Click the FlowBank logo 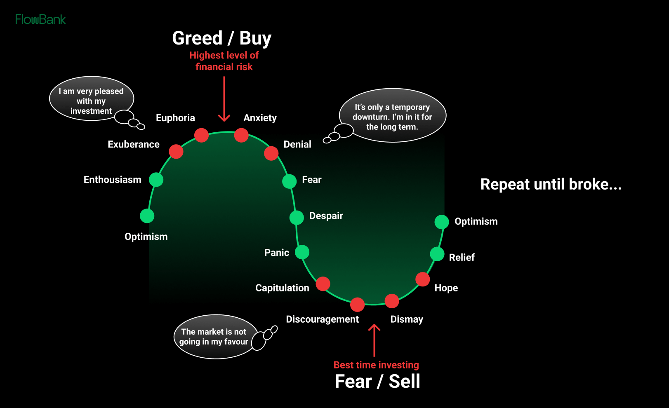click(40, 19)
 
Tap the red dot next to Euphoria click(201, 135)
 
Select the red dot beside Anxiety click(241, 135)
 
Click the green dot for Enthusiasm click(156, 180)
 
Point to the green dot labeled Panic click(302, 252)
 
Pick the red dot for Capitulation click(323, 284)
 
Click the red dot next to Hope click(422, 279)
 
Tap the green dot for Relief click(437, 254)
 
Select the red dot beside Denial click(271, 153)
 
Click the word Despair click(326, 216)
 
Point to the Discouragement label click(322, 319)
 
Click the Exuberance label click(133, 144)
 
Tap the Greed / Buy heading click(221, 38)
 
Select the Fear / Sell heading click(377, 381)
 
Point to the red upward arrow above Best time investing click(374, 340)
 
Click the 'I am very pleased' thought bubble click(91, 99)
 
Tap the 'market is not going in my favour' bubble click(214, 337)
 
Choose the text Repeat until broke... click(551, 184)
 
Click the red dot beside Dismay click(391, 301)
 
